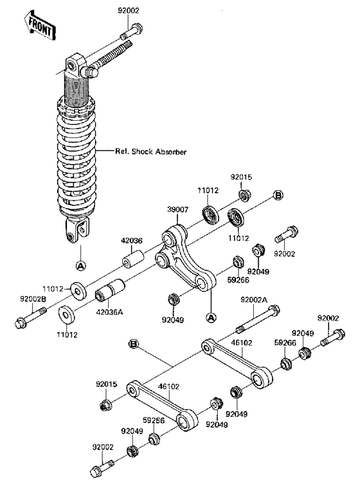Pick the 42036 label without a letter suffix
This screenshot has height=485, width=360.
131,242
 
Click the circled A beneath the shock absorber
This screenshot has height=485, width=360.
80,265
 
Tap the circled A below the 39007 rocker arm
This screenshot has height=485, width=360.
210,316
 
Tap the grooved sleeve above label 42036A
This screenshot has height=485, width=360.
109,293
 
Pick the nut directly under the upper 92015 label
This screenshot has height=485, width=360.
244,195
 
